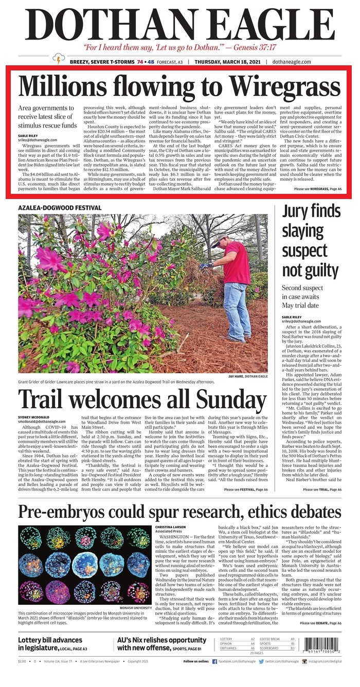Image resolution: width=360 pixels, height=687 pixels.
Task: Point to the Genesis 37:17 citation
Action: point(247,47)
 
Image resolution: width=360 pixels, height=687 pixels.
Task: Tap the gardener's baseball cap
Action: point(219,239)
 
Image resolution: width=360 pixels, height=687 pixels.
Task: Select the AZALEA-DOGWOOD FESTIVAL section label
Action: point(60,208)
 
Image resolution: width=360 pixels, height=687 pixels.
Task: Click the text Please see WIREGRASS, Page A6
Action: point(318,189)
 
